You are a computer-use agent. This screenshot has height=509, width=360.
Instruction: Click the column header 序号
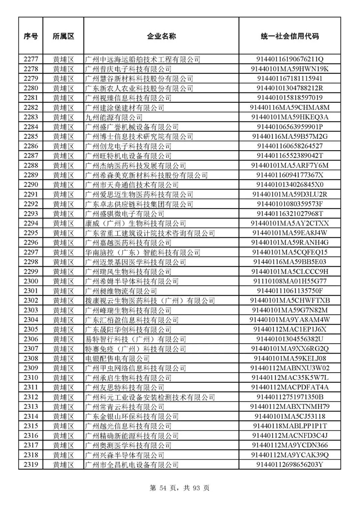click(x=31, y=36)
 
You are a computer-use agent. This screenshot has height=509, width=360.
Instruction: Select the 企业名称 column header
click(x=161, y=36)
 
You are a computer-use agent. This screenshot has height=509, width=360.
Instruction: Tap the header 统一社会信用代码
click(x=290, y=36)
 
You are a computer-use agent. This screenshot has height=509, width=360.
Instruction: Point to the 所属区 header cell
click(x=63, y=36)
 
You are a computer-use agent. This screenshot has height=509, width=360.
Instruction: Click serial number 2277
click(x=31, y=59)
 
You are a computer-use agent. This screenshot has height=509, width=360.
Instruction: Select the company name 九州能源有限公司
click(x=114, y=117)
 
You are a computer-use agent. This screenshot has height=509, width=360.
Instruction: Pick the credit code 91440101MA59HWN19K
click(x=290, y=69)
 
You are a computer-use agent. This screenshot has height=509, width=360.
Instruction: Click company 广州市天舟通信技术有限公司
click(x=132, y=185)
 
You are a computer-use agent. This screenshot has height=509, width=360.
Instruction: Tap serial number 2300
click(x=31, y=281)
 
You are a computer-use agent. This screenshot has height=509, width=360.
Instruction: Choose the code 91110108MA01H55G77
click(x=290, y=281)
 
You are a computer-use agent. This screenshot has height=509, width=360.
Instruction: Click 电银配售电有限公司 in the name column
click(x=117, y=359)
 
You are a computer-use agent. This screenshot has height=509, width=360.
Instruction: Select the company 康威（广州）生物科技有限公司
click(x=135, y=223)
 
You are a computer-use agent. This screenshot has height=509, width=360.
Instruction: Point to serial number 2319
click(x=31, y=465)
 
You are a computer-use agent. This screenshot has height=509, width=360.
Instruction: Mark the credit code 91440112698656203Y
click(x=290, y=465)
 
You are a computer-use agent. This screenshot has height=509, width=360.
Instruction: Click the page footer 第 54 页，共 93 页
click(x=180, y=488)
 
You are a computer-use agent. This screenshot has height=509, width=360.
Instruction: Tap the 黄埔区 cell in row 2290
click(x=63, y=185)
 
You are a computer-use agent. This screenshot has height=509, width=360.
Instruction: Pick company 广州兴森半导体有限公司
click(x=125, y=455)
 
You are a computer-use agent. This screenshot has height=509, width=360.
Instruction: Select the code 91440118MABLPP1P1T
click(x=290, y=426)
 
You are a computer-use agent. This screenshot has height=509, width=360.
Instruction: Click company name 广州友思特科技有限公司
click(x=125, y=388)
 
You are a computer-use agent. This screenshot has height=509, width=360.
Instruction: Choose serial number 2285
click(x=31, y=136)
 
